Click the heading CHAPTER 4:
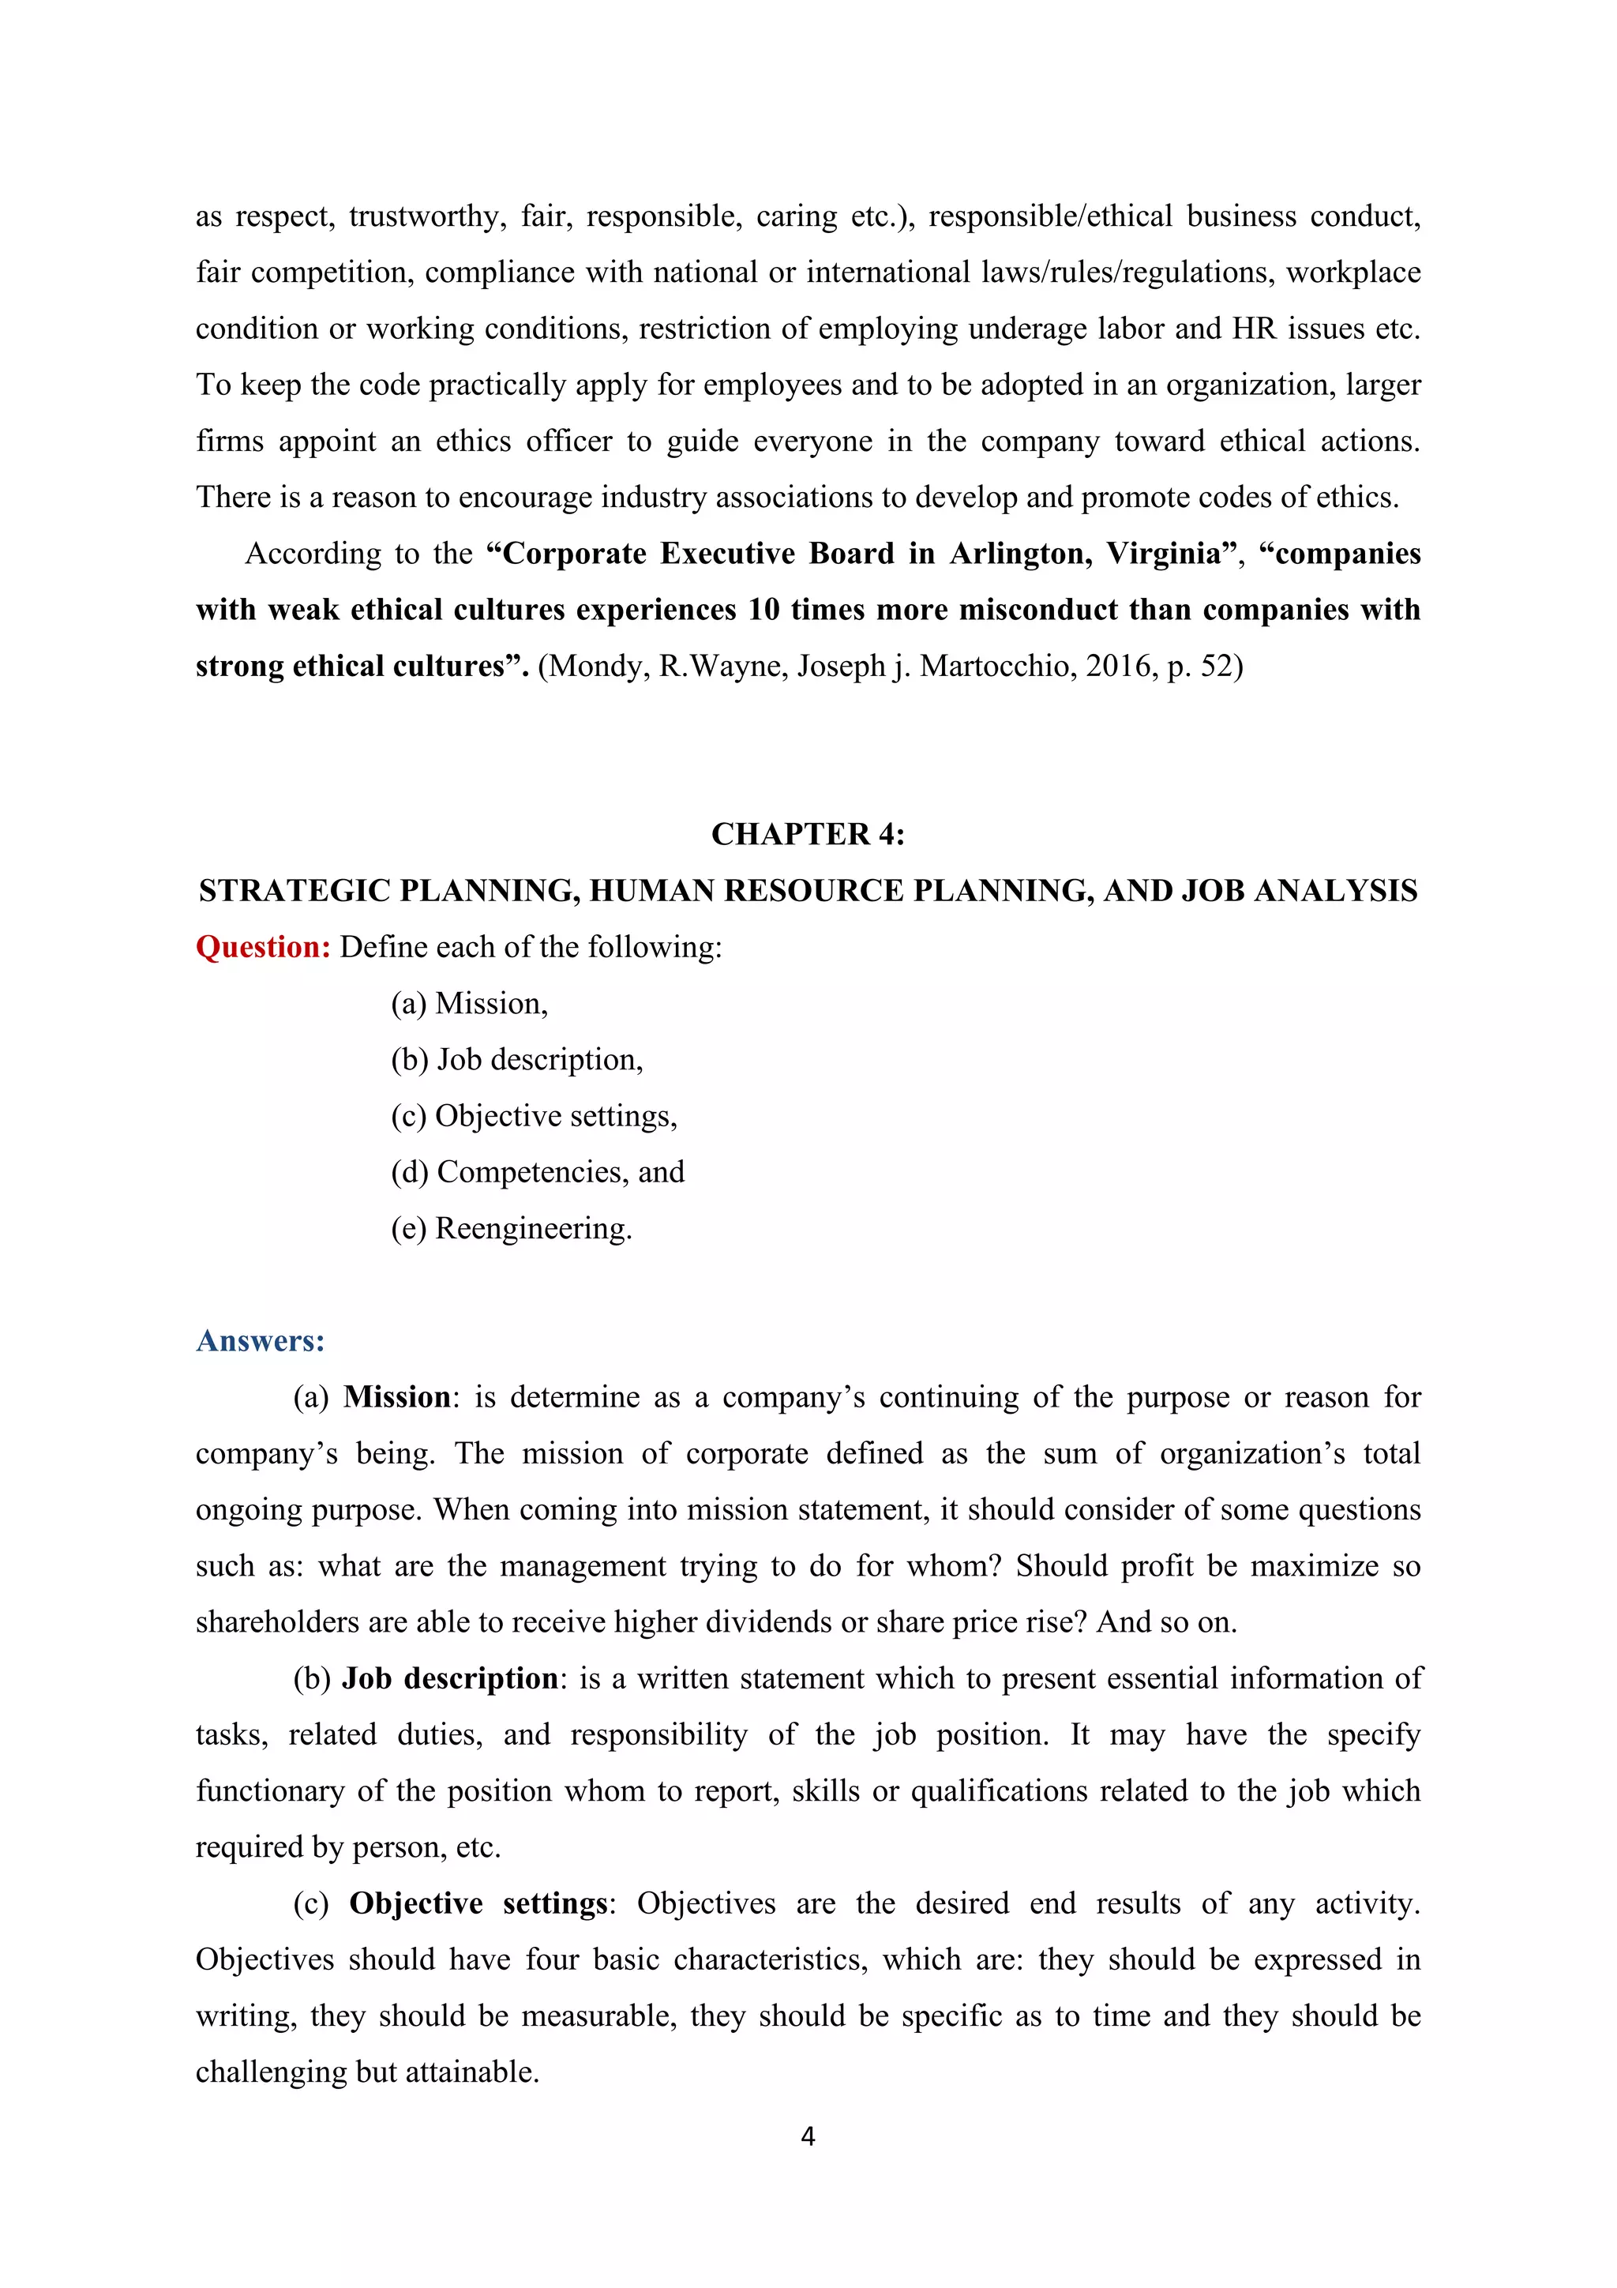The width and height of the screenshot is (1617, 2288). click(x=807, y=834)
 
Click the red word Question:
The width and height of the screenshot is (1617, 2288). click(x=263, y=947)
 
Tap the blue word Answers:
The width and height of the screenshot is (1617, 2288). click(x=260, y=1340)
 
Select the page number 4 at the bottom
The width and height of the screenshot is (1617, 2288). click(x=808, y=2136)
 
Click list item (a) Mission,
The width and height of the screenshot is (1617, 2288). click(x=469, y=1004)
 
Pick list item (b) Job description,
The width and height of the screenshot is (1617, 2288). click(x=516, y=1059)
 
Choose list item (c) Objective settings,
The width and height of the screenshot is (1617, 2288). click(x=533, y=1116)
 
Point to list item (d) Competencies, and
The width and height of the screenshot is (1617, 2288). click(x=537, y=1172)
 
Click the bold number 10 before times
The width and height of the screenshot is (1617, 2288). click(x=763, y=610)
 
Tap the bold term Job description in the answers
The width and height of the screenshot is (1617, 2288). click(x=450, y=1679)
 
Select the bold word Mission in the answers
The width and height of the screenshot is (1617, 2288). click(x=396, y=1397)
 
